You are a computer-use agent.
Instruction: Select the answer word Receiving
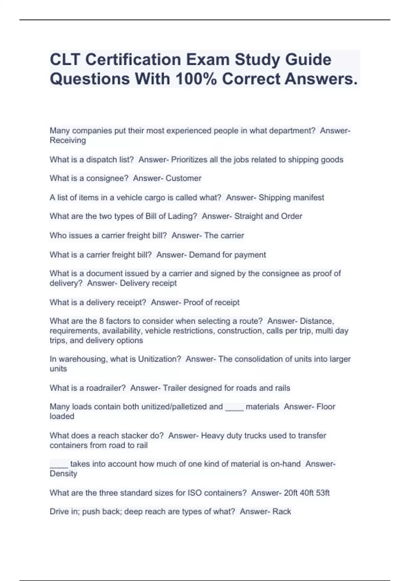(x=68, y=140)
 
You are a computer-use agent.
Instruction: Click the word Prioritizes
(x=189, y=160)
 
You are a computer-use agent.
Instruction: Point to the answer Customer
(x=183, y=178)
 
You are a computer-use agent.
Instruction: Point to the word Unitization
(x=159, y=359)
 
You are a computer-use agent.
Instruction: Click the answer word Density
(x=63, y=474)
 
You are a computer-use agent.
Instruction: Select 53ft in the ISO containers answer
(x=323, y=493)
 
